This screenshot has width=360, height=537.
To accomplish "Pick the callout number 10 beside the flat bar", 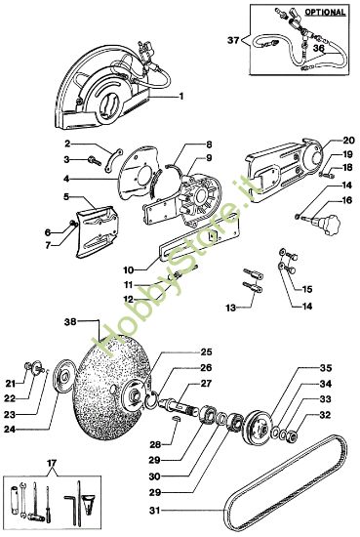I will pos(129,269).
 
